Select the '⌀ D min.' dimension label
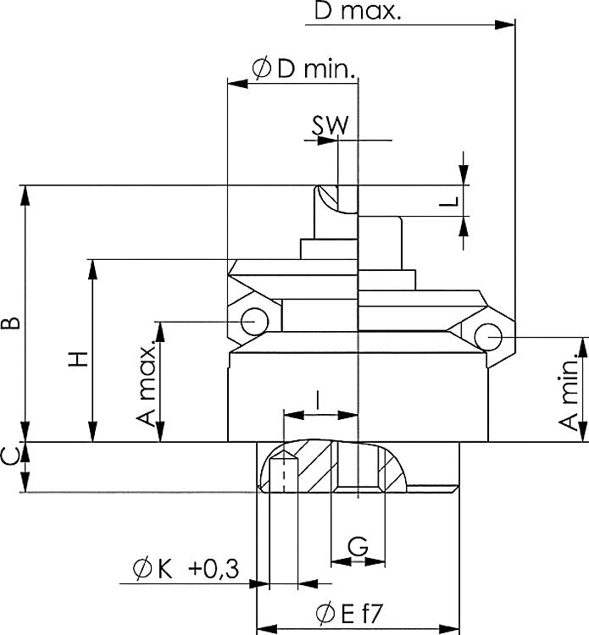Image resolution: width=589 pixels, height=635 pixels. pos(303,69)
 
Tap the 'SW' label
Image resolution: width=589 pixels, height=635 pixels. pos(329,124)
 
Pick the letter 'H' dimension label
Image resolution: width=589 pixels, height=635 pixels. pos(77,359)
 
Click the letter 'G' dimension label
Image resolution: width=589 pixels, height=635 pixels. pos(358,547)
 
